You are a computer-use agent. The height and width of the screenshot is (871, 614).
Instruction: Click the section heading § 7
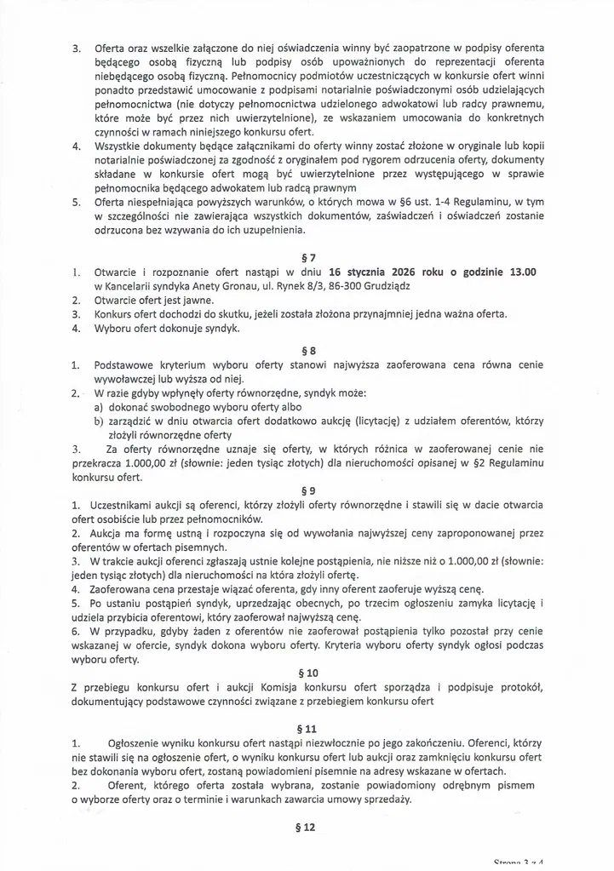(x=309, y=258)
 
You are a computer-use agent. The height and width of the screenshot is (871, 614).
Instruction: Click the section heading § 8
(x=309, y=350)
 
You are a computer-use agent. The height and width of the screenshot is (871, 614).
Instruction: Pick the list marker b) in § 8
(x=100, y=421)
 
